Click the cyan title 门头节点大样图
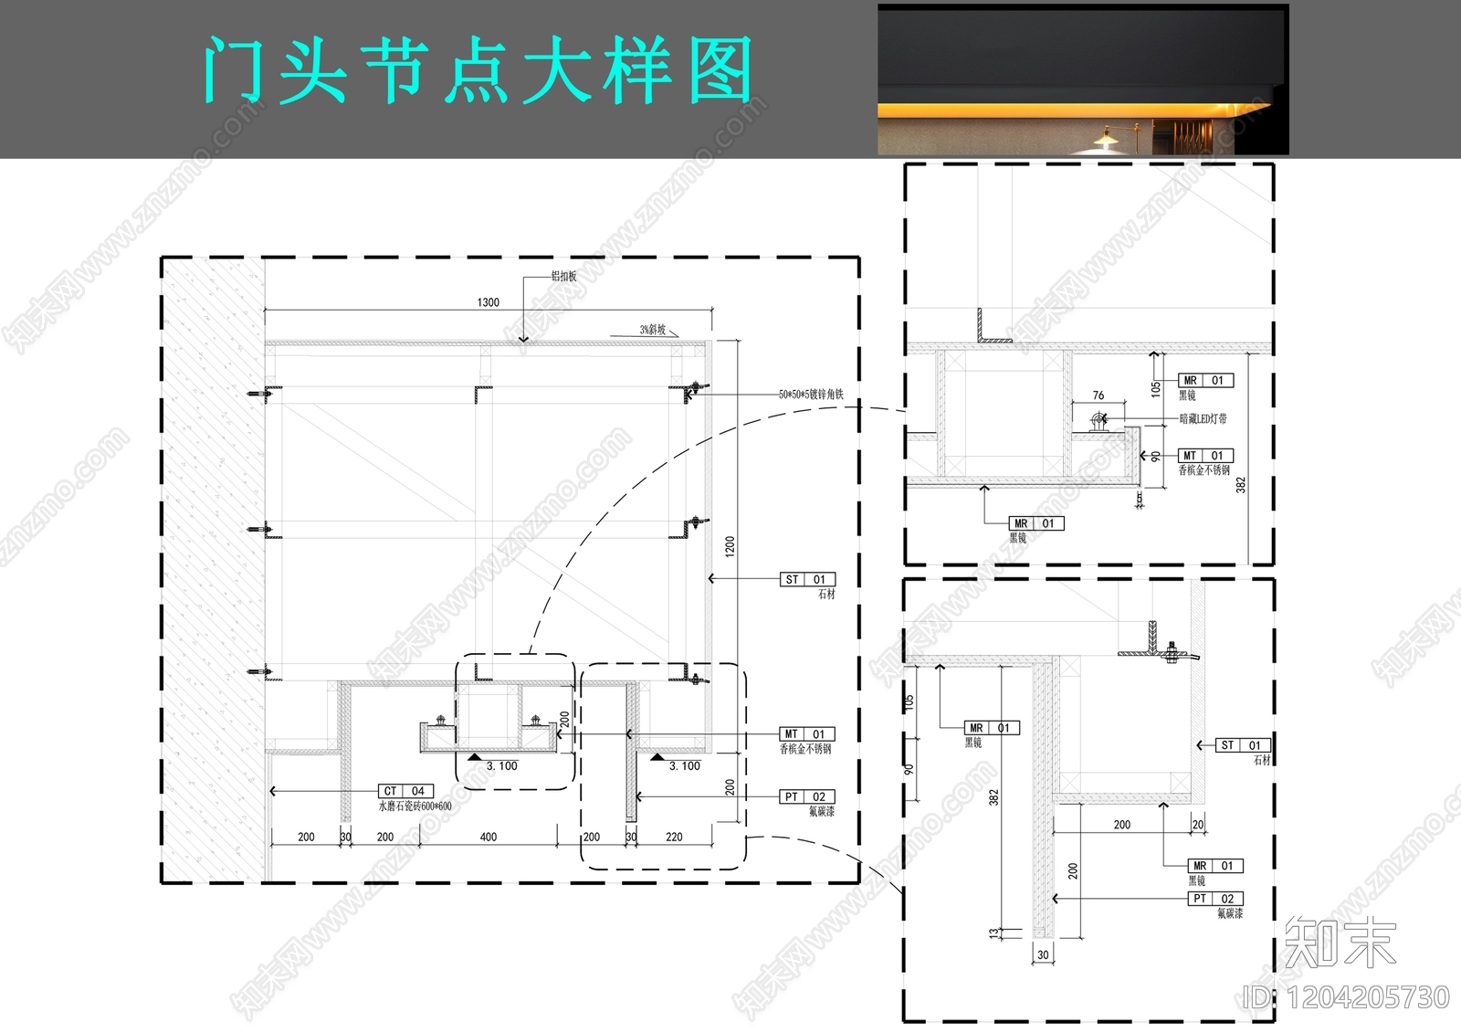click(x=477, y=70)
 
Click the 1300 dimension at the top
click(x=489, y=302)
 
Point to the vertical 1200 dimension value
click(x=729, y=546)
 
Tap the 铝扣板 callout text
click(x=563, y=276)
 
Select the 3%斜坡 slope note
click(x=652, y=330)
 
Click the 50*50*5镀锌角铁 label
click(x=811, y=395)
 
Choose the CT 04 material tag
click(x=405, y=791)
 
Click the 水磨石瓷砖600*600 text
click(x=415, y=806)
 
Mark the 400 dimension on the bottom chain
click(x=489, y=837)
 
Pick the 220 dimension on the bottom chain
click(x=674, y=837)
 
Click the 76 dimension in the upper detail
click(x=1098, y=395)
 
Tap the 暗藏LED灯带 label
click(x=1203, y=418)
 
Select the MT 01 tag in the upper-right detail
click(x=1205, y=455)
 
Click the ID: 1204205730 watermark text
click(x=1347, y=997)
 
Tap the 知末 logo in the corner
click(x=1340, y=943)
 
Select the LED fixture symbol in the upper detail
click(x=1098, y=422)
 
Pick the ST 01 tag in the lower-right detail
click(x=1242, y=745)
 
